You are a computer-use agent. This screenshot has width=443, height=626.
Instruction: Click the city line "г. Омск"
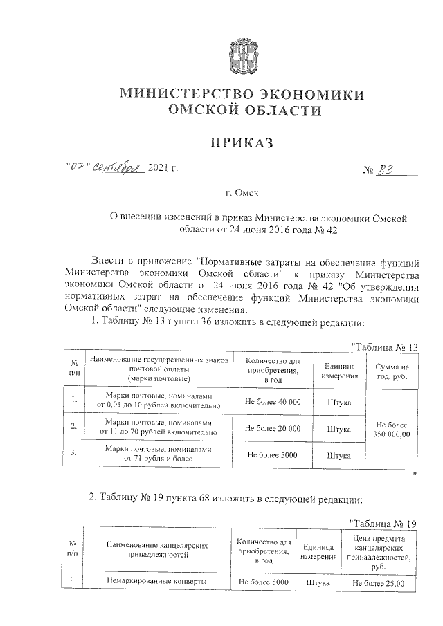[242, 196]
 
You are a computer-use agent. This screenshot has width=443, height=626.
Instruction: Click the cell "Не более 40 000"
[273, 402]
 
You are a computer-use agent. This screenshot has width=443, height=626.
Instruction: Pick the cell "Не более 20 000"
[273, 428]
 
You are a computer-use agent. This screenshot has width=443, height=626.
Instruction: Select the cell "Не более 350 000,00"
[392, 428]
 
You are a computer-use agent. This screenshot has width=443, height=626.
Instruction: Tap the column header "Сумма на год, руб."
[392, 371]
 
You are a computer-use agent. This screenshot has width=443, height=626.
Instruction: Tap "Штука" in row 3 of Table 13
[338, 455]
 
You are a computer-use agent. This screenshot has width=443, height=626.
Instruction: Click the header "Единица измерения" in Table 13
[338, 371]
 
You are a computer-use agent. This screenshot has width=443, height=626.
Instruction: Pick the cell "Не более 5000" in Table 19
[263, 583]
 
